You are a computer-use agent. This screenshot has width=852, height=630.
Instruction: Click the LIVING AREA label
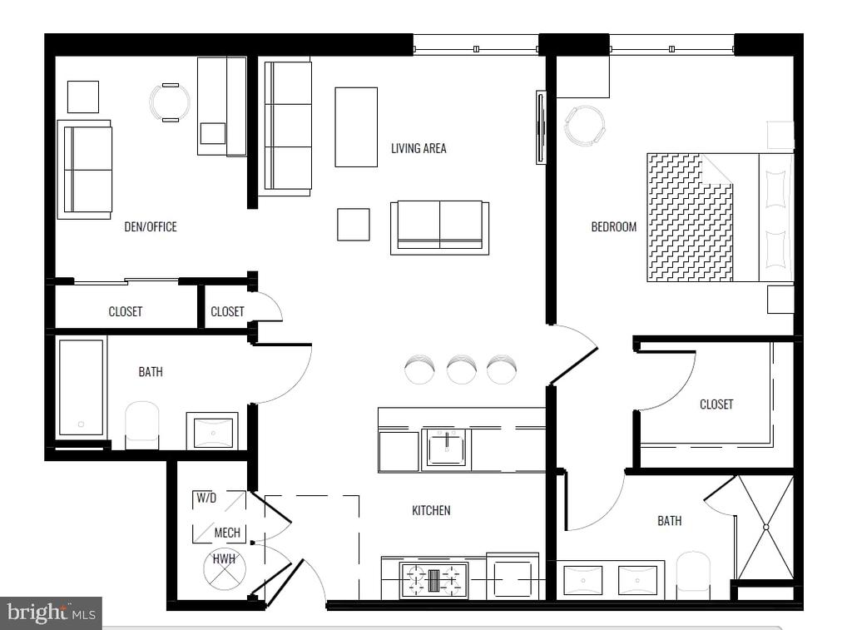tap(419, 148)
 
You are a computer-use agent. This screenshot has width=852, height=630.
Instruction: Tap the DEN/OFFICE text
tap(151, 226)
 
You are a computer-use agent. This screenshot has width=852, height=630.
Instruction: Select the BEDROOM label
tap(613, 226)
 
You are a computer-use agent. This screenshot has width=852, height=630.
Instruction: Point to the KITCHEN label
tap(431, 510)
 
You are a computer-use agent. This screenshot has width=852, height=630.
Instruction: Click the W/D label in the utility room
tap(206, 498)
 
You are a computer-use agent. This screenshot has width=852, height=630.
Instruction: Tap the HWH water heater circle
tap(225, 568)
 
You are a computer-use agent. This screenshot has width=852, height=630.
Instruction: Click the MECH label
tap(227, 533)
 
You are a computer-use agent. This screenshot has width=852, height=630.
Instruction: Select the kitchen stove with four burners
tap(433, 580)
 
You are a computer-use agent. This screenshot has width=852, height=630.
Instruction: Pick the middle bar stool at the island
tap(462, 369)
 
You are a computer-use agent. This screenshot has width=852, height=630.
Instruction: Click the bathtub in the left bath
tap(81, 388)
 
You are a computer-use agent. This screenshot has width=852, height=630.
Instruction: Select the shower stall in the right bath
tap(765, 528)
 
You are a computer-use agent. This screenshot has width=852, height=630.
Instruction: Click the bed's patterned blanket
tap(690, 217)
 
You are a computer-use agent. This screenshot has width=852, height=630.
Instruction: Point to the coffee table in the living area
tap(356, 127)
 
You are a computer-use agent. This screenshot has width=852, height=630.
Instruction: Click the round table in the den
tap(170, 102)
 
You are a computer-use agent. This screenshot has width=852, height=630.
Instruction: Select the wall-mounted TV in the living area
tap(541, 127)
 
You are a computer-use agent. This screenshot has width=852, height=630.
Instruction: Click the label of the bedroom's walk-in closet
tap(716, 404)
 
